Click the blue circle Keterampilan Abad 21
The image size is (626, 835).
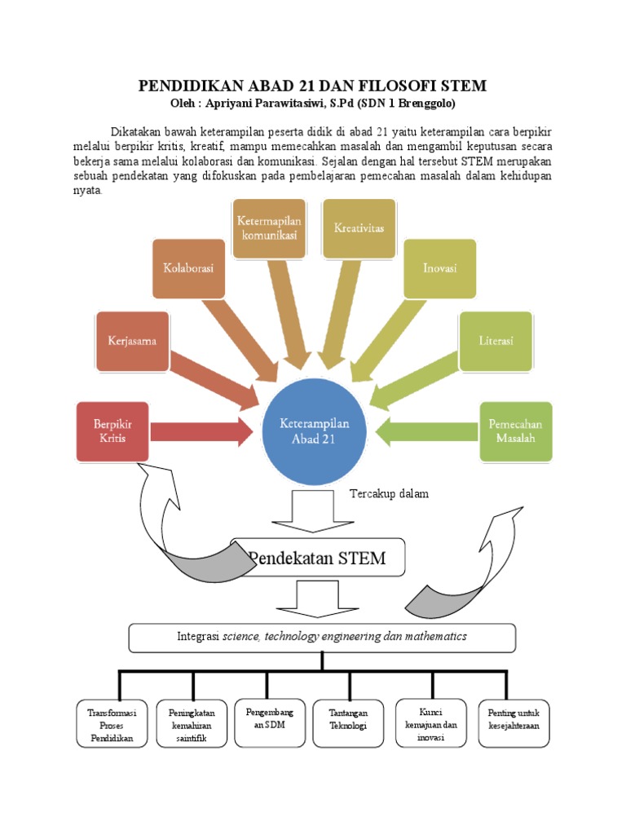(x=315, y=432)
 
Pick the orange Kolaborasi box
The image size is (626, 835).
(x=188, y=267)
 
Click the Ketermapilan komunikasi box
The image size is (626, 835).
(x=269, y=228)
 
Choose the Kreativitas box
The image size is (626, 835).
(x=359, y=228)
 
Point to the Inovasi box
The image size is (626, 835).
(x=439, y=267)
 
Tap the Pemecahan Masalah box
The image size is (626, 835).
(x=515, y=432)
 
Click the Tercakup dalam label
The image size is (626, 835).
(x=389, y=493)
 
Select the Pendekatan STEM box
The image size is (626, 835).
(x=318, y=558)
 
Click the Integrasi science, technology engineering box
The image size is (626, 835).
(x=322, y=637)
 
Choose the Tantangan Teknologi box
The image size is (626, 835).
(x=348, y=719)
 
